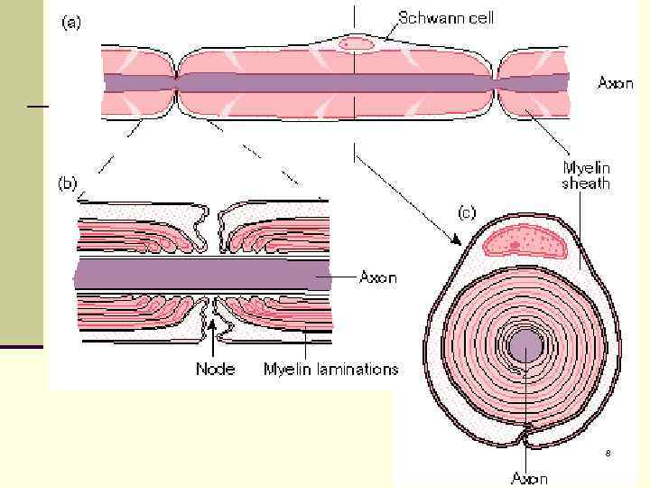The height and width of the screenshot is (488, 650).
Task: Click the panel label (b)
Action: [x=67, y=183]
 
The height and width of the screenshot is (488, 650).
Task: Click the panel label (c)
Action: [x=466, y=213]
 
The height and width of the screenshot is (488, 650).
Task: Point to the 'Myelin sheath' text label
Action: [x=586, y=175]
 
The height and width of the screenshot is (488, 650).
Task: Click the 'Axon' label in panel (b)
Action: [x=377, y=277]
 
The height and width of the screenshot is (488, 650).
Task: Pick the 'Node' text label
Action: [x=215, y=369]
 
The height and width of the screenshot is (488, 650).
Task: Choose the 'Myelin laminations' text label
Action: [x=330, y=369]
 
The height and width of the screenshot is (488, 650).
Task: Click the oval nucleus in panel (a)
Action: [x=356, y=42]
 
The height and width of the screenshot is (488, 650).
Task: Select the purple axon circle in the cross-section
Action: [x=524, y=344]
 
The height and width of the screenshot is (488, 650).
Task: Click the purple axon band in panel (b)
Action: [x=199, y=275]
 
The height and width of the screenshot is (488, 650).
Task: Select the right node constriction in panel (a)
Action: [x=497, y=83]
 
